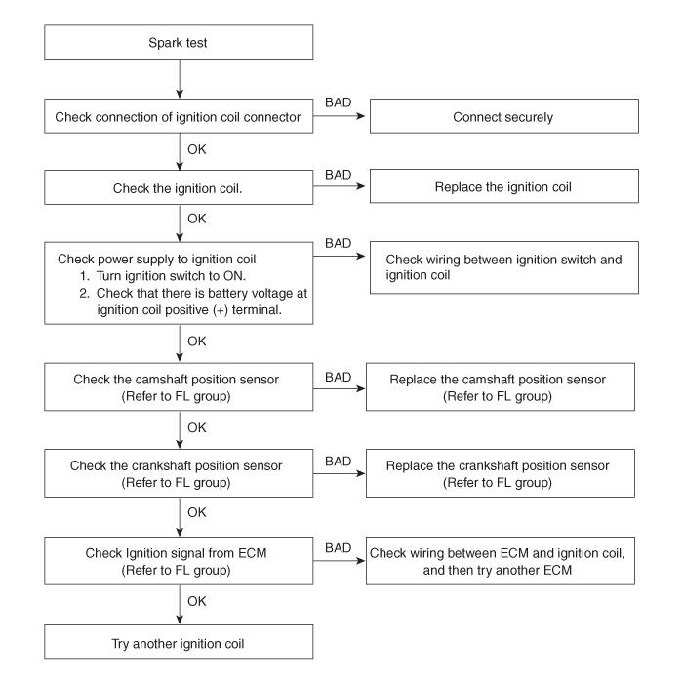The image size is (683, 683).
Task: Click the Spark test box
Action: [179, 42]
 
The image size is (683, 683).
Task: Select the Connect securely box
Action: [504, 116]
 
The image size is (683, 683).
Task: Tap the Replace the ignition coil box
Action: [504, 186]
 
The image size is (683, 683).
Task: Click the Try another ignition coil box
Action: [179, 642]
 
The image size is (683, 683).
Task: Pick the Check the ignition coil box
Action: [179, 187]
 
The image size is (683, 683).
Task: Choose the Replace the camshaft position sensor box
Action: [500, 386]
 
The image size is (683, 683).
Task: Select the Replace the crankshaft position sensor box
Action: [500, 473]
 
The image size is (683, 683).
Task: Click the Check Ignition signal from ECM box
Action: [179, 561]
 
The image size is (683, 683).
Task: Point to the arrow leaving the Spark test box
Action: [180, 79]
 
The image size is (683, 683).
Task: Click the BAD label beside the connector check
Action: [338, 102]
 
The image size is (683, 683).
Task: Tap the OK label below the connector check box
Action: [196, 149]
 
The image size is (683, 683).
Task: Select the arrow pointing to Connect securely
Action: [339, 116]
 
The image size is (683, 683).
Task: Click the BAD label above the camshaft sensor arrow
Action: [338, 377]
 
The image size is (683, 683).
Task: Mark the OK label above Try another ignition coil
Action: [196, 601]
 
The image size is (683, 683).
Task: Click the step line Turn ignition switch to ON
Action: [163, 276]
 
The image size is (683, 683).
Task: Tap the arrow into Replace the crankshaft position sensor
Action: [340, 473]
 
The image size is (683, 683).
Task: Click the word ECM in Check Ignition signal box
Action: [252, 553]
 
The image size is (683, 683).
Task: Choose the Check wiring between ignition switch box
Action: [504, 267]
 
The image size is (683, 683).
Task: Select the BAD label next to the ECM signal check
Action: [338, 548]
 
